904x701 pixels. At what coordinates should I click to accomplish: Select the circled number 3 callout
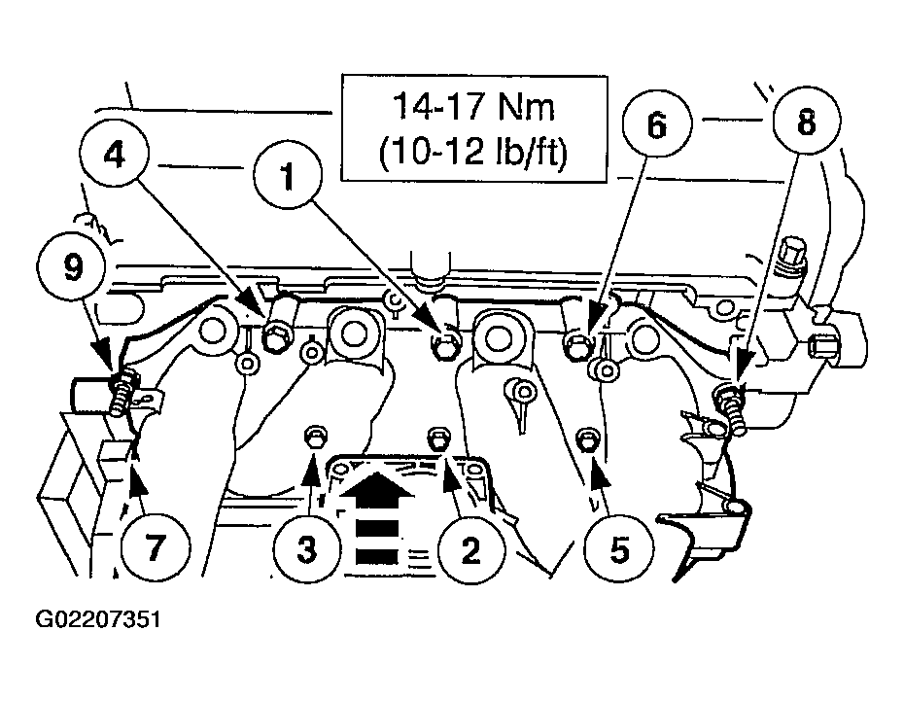click(306, 549)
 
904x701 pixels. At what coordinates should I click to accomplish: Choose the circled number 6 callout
click(656, 124)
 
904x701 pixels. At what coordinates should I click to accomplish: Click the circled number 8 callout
click(806, 123)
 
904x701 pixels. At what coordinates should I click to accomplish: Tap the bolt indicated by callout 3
click(314, 437)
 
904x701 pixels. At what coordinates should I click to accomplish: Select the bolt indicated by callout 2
click(437, 438)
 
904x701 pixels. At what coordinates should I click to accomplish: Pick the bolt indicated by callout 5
click(585, 437)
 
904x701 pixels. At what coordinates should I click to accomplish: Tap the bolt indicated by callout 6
click(575, 342)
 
